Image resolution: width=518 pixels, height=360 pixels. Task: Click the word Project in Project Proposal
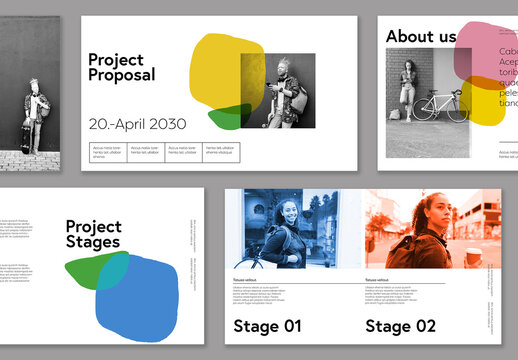click(x=116, y=59)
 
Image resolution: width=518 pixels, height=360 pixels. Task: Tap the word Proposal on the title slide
click(x=122, y=75)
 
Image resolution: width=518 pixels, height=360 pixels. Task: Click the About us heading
click(x=421, y=37)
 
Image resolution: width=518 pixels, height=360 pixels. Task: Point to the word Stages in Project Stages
click(x=93, y=241)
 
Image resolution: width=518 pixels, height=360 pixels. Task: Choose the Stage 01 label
click(x=267, y=325)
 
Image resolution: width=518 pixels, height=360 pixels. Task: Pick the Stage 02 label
click(x=400, y=325)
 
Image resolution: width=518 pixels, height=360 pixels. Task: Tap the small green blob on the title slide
click(x=227, y=118)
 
